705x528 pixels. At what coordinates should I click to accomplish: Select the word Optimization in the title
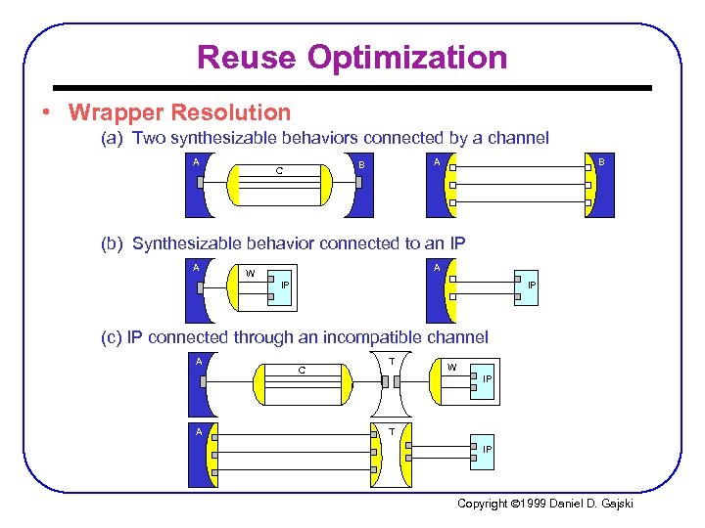coord(408,57)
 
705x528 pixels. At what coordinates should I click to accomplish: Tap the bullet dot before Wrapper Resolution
coord(47,113)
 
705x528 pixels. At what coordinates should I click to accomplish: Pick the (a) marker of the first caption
coord(112,138)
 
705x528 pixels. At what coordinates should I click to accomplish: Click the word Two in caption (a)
coord(149,138)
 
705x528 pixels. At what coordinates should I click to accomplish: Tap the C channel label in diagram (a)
coord(280,172)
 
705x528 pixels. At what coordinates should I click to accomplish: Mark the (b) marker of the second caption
coord(112,242)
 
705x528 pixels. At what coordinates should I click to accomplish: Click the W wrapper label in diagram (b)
coord(250,273)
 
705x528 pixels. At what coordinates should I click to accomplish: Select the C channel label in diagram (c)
coord(302,371)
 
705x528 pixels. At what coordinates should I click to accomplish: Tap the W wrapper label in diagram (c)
coord(451,367)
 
